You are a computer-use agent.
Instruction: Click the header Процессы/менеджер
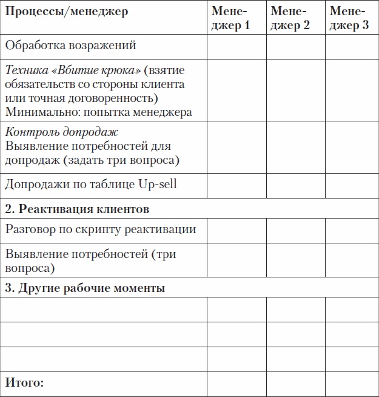point(67,12)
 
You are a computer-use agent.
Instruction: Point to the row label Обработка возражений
point(70,45)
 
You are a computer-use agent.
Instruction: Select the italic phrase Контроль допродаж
point(61,132)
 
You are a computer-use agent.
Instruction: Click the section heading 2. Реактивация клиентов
point(77,209)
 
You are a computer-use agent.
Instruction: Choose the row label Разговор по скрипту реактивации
point(101,229)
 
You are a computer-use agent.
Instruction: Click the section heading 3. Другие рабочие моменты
point(85,288)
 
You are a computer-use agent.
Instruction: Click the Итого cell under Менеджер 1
point(236,384)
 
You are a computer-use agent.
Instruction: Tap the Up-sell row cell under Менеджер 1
point(236,185)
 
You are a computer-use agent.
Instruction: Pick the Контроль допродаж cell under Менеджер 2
point(295,147)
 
